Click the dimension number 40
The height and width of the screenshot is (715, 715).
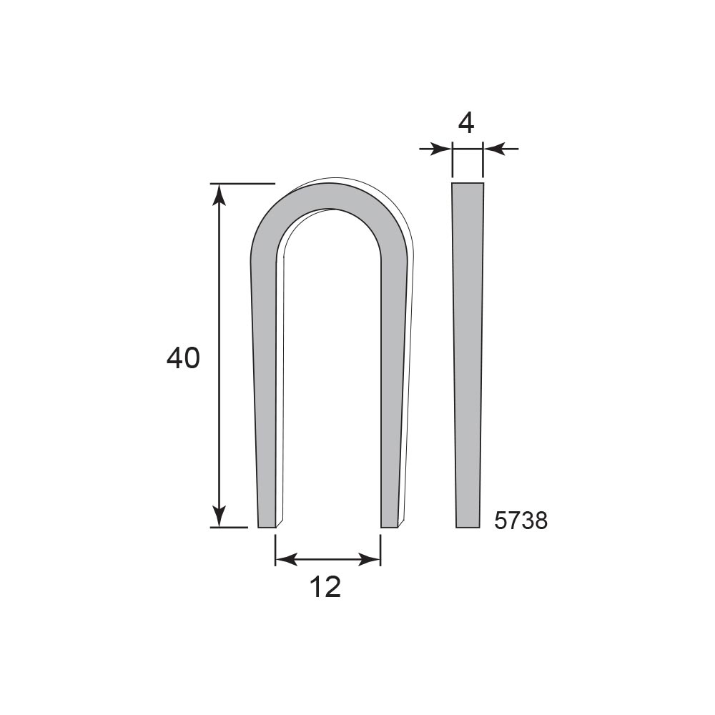point(183,358)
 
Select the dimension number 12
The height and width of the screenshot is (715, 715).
point(325,586)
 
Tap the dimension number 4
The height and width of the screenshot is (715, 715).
point(466,123)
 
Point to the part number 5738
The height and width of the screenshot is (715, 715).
point(521,521)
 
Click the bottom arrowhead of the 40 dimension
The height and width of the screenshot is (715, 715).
point(220,516)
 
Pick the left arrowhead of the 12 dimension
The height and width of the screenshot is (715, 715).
point(286,559)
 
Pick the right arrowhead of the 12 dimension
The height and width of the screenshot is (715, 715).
point(370,559)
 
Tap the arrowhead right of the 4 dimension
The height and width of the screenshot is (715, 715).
point(494,149)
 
